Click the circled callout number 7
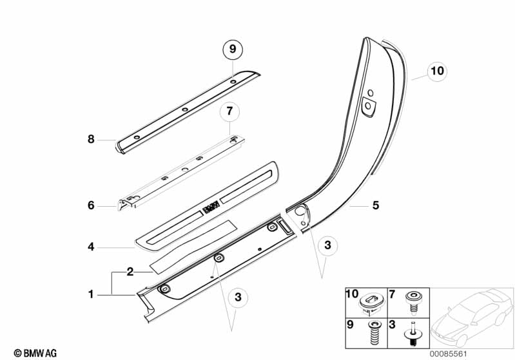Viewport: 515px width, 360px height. pos(229,112)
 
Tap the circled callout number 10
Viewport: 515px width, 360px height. pos(437,71)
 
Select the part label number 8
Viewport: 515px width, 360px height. pos(92,138)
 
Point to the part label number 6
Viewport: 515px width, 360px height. pos(92,205)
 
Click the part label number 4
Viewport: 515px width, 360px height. pos(92,246)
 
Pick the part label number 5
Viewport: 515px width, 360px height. pos(375,205)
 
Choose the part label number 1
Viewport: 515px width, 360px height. pos(92,294)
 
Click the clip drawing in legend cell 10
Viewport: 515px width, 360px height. pos(369,301)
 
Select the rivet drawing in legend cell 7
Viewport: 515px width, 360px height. pos(411,299)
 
